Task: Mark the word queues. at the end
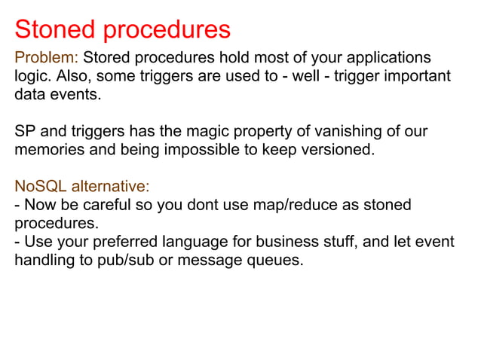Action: [278, 261]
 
